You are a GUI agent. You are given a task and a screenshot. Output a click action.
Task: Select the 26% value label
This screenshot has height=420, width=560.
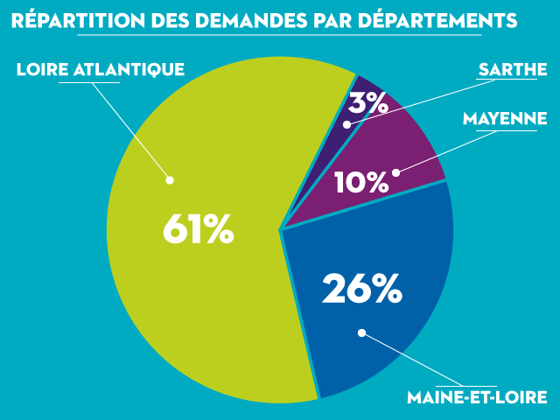[x=361, y=289]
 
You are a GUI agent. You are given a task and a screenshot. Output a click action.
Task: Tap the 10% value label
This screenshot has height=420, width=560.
[x=360, y=182]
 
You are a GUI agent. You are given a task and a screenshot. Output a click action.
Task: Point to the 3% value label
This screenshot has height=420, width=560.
[x=367, y=103]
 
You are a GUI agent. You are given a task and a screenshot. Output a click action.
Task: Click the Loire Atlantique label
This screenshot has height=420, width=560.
[x=101, y=68]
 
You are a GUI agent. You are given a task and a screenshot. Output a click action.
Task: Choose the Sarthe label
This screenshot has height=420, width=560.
[x=507, y=68]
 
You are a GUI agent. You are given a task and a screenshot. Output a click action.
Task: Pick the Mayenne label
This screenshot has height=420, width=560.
[x=505, y=118]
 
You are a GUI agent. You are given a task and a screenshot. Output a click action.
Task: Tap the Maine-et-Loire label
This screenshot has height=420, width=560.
[x=478, y=397]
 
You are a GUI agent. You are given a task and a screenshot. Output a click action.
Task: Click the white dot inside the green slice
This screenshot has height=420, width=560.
[x=171, y=180]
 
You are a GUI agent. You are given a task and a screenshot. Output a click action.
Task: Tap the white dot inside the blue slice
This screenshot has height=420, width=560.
[x=361, y=332]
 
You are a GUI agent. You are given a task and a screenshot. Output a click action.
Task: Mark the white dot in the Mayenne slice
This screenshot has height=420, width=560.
[x=395, y=172]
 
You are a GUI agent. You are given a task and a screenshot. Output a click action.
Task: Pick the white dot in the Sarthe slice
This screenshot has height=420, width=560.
[x=347, y=125]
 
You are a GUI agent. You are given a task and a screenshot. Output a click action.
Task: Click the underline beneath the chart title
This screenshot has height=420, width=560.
[x=280, y=34]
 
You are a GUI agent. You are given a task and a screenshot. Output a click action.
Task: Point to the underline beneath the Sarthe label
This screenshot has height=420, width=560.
[x=506, y=80]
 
